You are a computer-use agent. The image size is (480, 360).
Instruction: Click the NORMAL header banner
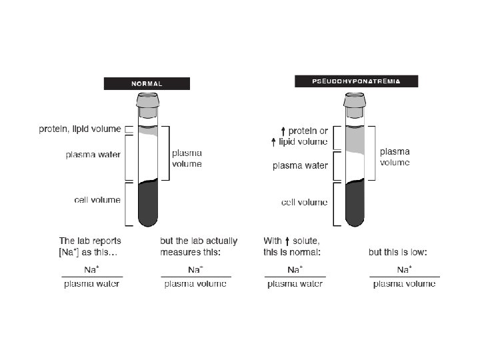[146, 84]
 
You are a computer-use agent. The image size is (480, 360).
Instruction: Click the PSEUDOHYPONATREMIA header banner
[356, 81]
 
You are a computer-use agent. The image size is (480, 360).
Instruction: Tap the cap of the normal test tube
[147, 100]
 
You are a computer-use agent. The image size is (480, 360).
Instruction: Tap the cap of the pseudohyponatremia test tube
[354, 100]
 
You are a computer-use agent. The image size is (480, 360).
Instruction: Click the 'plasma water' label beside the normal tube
[93, 155]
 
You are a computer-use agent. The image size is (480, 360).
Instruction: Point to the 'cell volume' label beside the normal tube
[97, 199]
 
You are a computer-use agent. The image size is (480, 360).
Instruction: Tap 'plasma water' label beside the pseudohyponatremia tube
[300, 166]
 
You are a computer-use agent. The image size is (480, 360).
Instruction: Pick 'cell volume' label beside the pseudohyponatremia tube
[304, 202]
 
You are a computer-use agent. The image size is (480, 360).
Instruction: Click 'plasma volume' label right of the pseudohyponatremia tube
[395, 157]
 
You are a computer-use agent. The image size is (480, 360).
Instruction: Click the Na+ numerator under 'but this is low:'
[404, 269]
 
